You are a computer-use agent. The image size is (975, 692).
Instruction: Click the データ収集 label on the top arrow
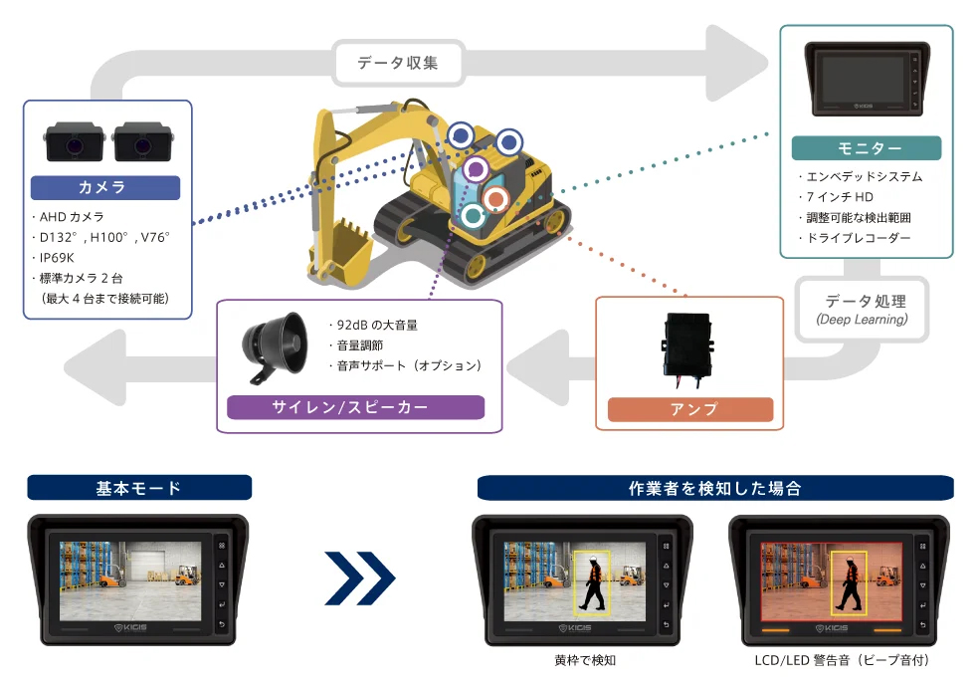(x=398, y=65)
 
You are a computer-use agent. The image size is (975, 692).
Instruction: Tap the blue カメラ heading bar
(x=105, y=187)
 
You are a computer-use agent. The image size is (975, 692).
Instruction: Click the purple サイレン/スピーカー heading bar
(x=355, y=407)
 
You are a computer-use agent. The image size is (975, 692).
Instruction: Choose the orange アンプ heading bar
(x=689, y=409)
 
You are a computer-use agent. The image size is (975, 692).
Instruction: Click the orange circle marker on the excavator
(x=494, y=199)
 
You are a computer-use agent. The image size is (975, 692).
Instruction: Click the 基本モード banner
(x=139, y=488)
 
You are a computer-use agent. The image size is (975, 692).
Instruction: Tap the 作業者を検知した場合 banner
(x=714, y=488)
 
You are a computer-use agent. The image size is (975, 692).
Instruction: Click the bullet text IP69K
(x=59, y=257)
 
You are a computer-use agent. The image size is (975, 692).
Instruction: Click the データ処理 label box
(x=863, y=309)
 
